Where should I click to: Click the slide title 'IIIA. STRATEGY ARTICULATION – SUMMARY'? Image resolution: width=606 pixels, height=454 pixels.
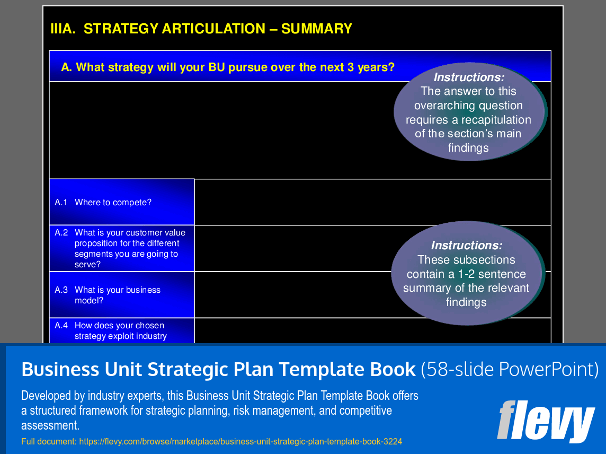[201, 29]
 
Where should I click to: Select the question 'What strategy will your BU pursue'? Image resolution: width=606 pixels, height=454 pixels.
[228, 67]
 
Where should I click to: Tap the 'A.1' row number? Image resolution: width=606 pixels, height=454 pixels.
[61, 203]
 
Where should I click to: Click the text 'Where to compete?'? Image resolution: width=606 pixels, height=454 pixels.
[113, 203]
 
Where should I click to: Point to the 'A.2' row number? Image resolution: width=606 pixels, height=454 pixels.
[61, 232]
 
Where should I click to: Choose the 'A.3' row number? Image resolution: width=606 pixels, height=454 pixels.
[61, 290]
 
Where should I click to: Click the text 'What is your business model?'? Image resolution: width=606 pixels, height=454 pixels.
[117, 295]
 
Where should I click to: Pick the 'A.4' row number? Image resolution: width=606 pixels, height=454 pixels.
[61, 326]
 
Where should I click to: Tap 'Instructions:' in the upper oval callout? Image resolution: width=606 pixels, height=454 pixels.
[468, 77]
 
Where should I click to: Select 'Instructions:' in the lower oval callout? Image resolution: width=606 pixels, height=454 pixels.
[466, 246]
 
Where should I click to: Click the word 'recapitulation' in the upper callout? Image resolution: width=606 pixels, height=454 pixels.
[496, 120]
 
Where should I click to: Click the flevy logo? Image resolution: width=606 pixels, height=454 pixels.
[546, 420]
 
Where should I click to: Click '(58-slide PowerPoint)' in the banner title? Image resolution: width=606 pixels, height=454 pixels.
[510, 370]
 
